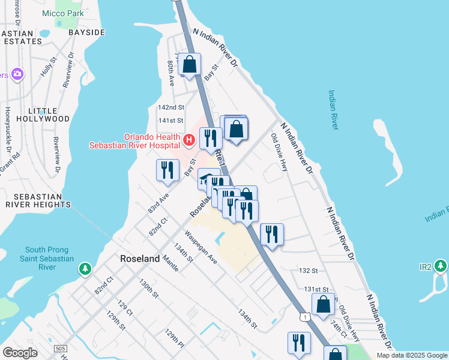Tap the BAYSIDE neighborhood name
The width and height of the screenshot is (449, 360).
(x=86, y=32)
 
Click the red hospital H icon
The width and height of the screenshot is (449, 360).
(x=189, y=140)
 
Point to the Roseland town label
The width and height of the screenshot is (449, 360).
(x=140, y=259)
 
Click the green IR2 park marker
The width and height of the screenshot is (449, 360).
(x=441, y=265)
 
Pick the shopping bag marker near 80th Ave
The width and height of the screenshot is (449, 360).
(x=189, y=64)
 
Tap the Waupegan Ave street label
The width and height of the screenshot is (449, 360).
(x=200, y=247)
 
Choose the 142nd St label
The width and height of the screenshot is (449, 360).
(x=170, y=107)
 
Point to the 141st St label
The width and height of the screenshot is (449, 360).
(x=170, y=121)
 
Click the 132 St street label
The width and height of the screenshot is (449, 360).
(x=307, y=271)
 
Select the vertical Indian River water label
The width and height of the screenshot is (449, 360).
(x=333, y=109)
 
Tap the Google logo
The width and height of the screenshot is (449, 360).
(x=20, y=353)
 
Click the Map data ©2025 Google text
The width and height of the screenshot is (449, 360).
(x=412, y=355)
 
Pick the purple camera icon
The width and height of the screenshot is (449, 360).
(x=17, y=74)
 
